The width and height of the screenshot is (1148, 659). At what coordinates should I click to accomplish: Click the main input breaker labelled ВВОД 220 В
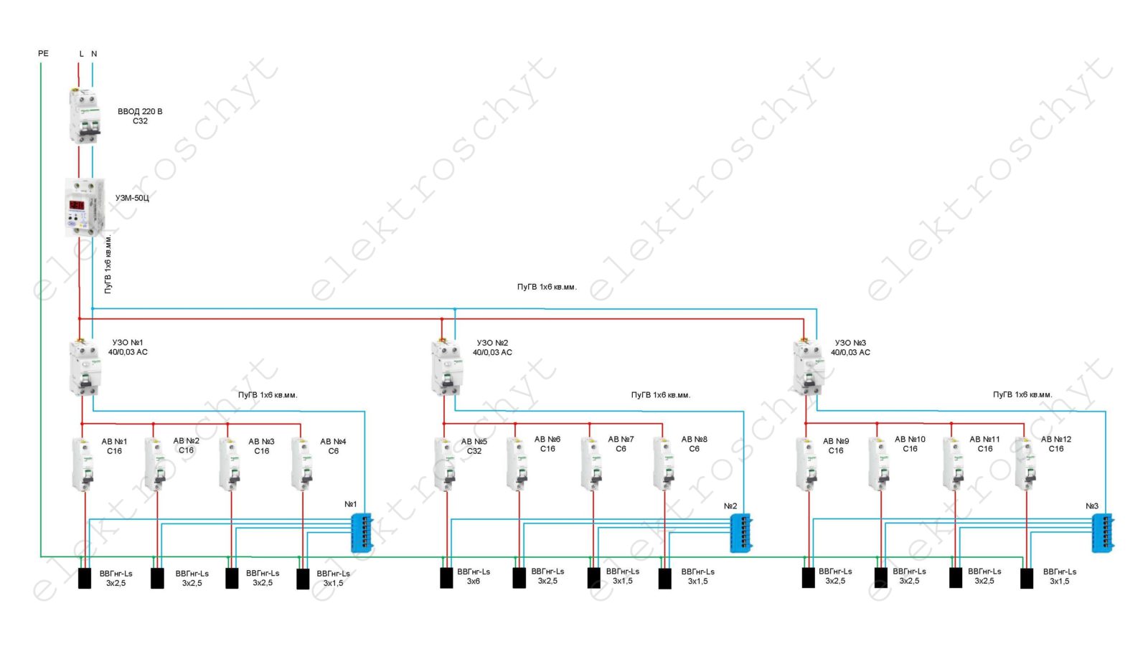(x=85, y=117)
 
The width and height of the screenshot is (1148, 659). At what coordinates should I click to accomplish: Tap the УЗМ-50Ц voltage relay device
(x=85, y=207)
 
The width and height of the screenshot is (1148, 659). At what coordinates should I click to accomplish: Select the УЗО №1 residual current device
(x=85, y=368)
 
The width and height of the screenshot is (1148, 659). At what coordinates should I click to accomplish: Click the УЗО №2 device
(x=447, y=368)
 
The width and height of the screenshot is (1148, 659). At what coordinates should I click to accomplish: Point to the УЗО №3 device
(x=809, y=368)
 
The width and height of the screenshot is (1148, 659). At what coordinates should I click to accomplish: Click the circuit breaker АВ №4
(x=302, y=464)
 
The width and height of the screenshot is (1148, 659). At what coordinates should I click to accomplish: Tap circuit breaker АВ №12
(x=1026, y=464)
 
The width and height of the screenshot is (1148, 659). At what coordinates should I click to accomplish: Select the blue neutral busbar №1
(x=361, y=533)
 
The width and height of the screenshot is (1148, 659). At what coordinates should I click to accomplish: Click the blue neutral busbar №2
(x=740, y=533)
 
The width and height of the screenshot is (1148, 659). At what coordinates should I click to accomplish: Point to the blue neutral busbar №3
(x=1103, y=533)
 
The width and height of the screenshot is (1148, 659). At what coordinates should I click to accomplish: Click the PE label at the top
(x=43, y=54)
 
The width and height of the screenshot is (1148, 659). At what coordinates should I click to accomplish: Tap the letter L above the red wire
(x=81, y=54)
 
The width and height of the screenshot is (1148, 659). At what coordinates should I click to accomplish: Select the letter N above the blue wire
(x=94, y=54)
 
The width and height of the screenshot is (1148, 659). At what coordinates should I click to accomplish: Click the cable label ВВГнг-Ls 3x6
(x=474, y=577)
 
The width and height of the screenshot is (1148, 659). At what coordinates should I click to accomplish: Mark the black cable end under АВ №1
(x=85, y=578)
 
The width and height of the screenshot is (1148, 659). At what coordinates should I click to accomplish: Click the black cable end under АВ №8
(x=665, y=578)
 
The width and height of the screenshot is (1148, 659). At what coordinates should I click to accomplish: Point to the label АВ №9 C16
(x=836, y=446)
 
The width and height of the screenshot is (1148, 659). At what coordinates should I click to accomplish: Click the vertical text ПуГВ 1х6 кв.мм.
(x=108, y=264)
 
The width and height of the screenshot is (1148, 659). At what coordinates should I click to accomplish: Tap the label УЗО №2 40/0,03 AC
(x=492, y=348)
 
